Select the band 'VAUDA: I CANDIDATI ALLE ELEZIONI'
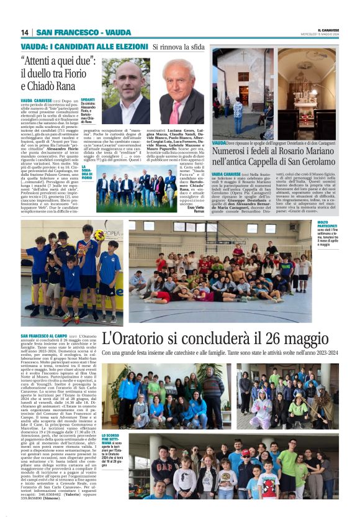tap(84, 47)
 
